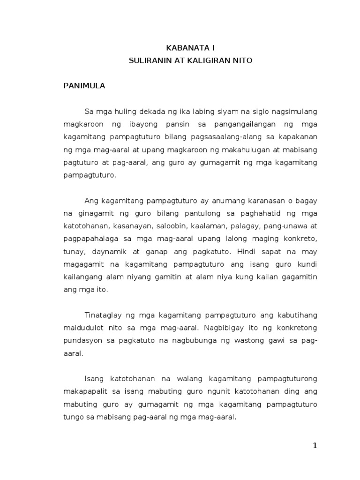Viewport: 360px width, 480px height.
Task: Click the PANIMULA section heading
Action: pyautogui.click(x=84, y=86)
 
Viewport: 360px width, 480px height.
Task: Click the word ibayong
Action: pyautogui.click(x=135, y=125)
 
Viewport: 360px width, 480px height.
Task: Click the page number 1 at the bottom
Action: pyautogui.click(x=315, y=446)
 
